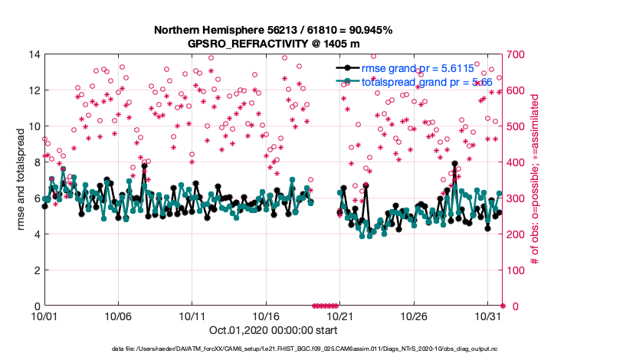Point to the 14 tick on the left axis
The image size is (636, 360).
point(34,54)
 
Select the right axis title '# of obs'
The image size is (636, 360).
point(536,181)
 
